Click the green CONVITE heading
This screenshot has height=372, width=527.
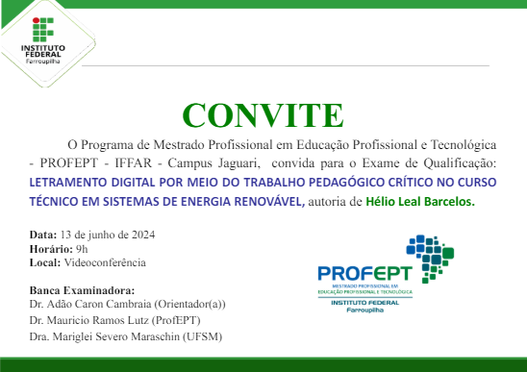(x=263, y=113)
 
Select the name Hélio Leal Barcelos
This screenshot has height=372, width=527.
(x=420, y=203)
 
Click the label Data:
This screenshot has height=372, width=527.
(x=43, y=235)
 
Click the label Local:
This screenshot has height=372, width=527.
(x=45, y=261)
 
